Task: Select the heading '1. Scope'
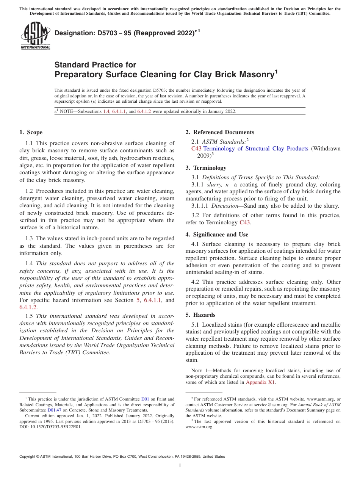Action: [x=31, y=132]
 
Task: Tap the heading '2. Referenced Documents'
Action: [x=219, y=132]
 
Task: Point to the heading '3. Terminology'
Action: [x=206, y=168]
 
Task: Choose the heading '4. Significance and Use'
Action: [x=217, y=235]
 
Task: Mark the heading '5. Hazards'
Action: [x=200, y=315]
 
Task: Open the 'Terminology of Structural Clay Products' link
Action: [x=256, y=149]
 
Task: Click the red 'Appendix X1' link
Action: [x=260, y=382]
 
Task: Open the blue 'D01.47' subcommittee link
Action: [x=53, y=410]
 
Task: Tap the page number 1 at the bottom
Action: [x=180, y=465]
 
